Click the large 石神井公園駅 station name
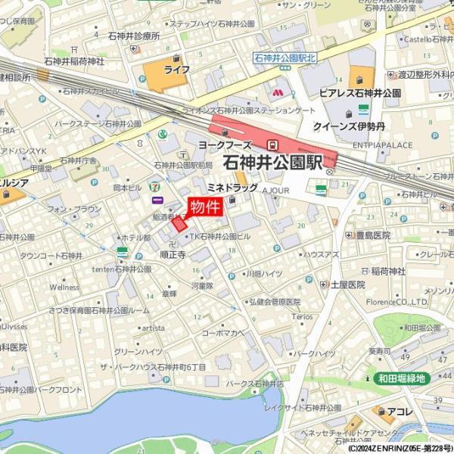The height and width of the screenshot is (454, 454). coord(273,161)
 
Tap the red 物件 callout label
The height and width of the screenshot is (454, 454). coord(204,207)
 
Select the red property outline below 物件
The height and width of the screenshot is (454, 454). coord(179,223)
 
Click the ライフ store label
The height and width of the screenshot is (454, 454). coord(176,69)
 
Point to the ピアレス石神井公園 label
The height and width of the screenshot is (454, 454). coord(359,92)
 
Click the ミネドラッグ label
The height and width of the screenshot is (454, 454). coord(232,188)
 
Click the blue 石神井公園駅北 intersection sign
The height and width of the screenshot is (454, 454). coord(284,58)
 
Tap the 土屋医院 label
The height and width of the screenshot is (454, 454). coord(347,285)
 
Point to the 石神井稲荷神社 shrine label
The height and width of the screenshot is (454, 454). coord(74,61)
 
